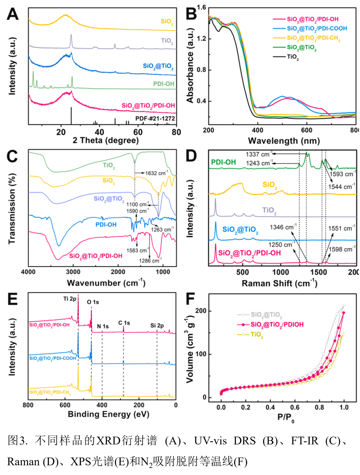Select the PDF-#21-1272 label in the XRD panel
click(155, 118)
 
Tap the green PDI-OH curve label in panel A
click(164, 84)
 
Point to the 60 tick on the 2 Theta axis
click(138, 132)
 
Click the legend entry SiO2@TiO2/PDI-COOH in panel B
click(317, 28)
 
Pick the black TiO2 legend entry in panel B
click(293, 57)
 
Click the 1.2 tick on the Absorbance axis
click(201, 39)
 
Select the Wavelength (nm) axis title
click(284, 140)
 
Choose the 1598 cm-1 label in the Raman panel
click(342, 250)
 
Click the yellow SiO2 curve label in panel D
click(270, 185)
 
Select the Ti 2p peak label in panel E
click(70, 299)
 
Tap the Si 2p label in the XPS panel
click(157, 325)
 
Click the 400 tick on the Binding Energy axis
click(102, 405)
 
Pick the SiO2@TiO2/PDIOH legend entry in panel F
click(277, 325)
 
